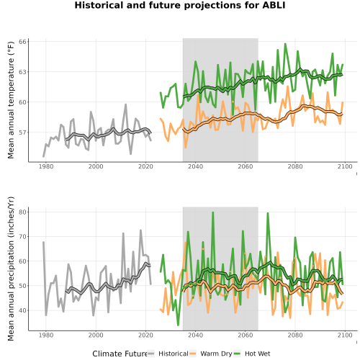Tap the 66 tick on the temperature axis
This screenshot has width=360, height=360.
(x=22, y=42)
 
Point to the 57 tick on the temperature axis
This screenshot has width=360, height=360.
(x=22, y=132)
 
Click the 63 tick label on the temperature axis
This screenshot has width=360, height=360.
(x=22, y=72)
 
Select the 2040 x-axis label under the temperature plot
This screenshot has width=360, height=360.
(x=195, y=166)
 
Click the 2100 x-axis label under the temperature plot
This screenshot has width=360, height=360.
(x=345, y=166)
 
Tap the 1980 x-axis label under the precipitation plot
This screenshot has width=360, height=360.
(x=46, y=335)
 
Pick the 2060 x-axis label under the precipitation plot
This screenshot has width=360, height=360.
(x=246, y=335)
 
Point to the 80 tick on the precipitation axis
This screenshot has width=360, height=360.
(x=22, y=212)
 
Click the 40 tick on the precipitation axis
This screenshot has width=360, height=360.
(x=22, y=310)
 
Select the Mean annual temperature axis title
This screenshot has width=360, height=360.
(x=11, y=99)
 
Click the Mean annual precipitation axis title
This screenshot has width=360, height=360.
(x=11, y=269)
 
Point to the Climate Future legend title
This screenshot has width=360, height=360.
(x=120, y=354)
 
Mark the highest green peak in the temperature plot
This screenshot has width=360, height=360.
(x=285, y=44)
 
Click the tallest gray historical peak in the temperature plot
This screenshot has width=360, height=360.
(x=126, y=104)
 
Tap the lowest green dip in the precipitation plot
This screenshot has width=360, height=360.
(x=178, y=325)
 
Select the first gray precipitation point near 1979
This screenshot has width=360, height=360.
(x=43, y=242)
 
